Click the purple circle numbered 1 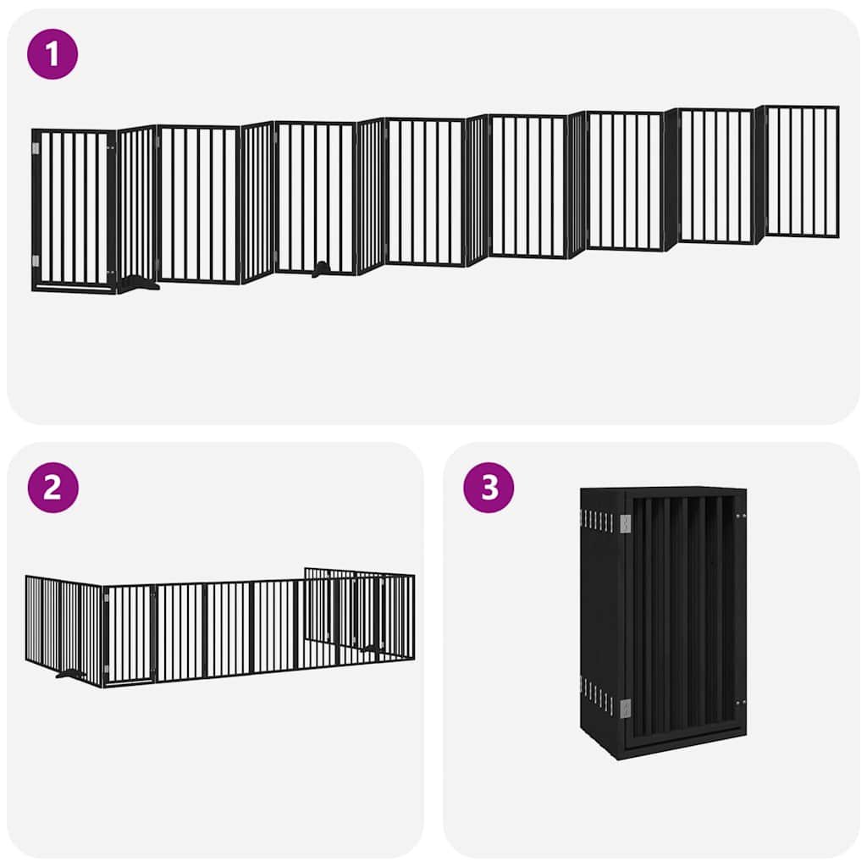(x=52, y=54)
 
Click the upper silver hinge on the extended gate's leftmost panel (x=36, y=149)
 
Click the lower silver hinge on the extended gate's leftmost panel (x=36, y=260)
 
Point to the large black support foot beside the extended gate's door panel (x=138, y=284)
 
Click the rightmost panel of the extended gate (x=801, y=171)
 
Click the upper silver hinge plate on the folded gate (x=625, y=524)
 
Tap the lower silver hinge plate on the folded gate (x=625, y=708)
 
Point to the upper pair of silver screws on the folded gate (x=741, y=514)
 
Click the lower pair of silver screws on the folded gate (x=741, y=701)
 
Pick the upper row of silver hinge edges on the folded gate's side (x=597, y=521)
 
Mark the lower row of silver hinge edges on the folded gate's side (x=597, y=696)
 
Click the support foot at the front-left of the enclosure (x=69, y=674)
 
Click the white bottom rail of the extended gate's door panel (x=74, y=288)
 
